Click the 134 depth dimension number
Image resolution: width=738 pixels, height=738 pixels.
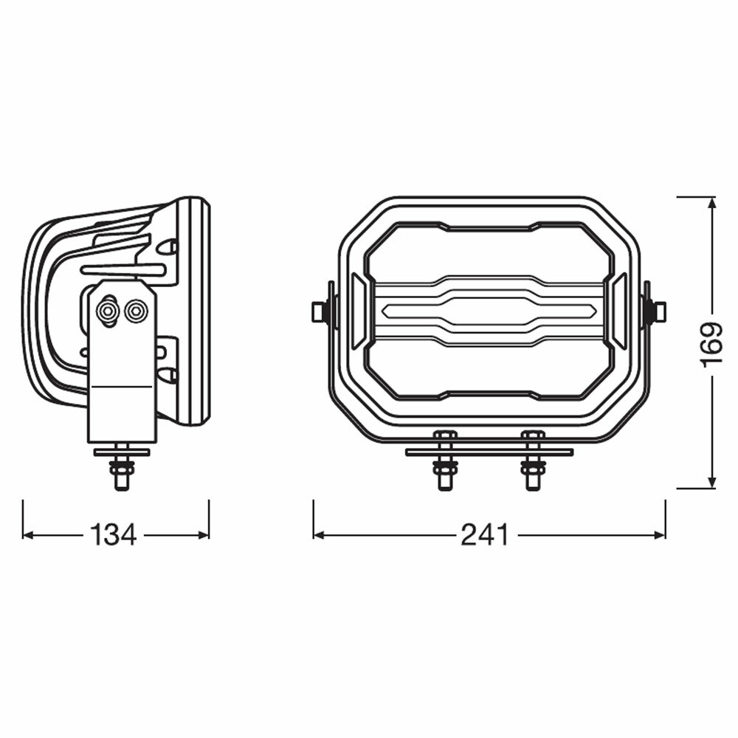(114, 534)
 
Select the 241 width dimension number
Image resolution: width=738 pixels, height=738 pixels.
(485, 534)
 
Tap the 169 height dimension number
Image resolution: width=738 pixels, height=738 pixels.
(710, 344)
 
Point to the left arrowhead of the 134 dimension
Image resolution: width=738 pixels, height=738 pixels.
(29, 534)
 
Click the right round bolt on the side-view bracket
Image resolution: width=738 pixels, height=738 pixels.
(135, 311)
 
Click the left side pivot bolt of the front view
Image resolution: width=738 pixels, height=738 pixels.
(320, 311)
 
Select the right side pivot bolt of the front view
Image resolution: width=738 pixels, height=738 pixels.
(657, 311)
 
